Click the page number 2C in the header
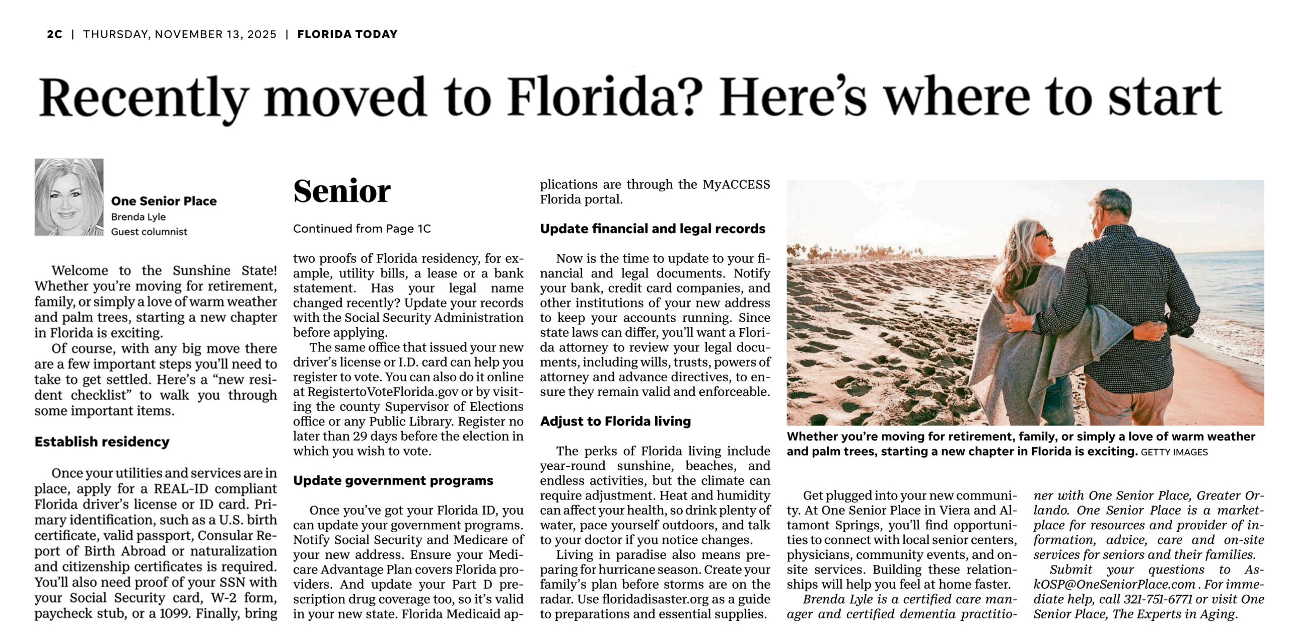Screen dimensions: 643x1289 point(54,34)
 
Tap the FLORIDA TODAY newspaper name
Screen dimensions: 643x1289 point(347,34)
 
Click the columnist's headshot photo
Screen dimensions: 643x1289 point(69,197)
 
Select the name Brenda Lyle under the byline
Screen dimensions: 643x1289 point(138,217)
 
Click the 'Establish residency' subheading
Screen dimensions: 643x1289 point(102,442)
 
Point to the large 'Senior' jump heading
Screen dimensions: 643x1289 point(342,191)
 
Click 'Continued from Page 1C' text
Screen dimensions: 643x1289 point(362,229)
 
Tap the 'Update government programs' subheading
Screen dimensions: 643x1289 point(393,480)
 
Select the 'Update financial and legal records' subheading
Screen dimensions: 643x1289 point(653,229)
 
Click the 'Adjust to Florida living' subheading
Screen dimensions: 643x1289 point(615,421)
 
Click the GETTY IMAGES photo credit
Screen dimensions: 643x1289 point(1174,452)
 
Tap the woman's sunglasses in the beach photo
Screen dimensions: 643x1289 point(1040,234)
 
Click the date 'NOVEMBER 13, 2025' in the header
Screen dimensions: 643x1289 point(216,34)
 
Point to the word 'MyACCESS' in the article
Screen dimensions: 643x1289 point(736,184)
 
